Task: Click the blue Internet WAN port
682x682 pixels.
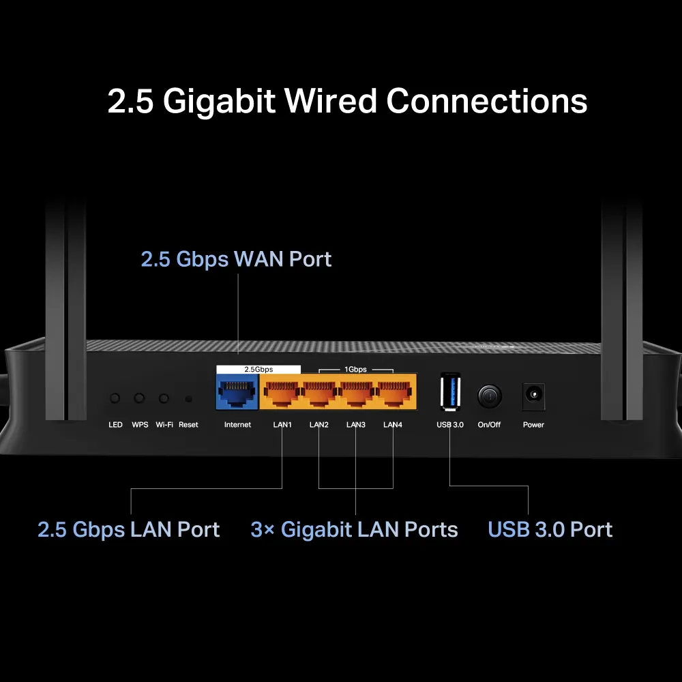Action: pyautogui.click(x=237, y=394)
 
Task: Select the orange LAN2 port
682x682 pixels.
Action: pyautogui.click(x=318, y=394)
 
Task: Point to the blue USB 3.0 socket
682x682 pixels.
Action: pyautogui.click(x=450, y=393)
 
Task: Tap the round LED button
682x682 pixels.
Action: pyautogui.click(x=115, y=398)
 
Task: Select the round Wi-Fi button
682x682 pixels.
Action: pyautogui.click(x=164, y=398)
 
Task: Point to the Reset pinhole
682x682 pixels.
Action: pyautogui.click(x=188, y=399)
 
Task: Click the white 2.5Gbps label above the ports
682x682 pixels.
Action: pyautogui.click(x=258, y=369)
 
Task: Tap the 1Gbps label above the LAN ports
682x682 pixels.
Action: pyautogui.click(x=355, y=369)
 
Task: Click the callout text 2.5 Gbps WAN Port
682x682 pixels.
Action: pyautogui.click(x=236, y=259)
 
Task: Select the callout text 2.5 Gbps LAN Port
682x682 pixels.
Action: pyautogui.click(x=128, y=530)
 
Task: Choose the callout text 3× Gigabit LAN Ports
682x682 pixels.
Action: pyautogui.click(x=354, y=530)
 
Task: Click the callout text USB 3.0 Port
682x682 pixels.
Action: pyautogui.click(x=550, y=530)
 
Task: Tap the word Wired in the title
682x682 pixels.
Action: pyautogui.click(x=331, y=101)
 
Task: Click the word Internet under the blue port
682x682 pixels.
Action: pyautogui.click(x=237, y=425)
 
